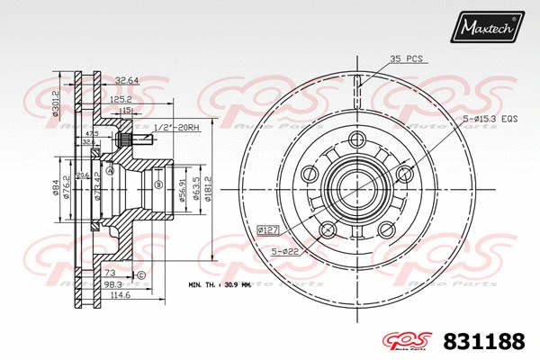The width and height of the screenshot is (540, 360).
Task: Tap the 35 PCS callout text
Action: point(408,58)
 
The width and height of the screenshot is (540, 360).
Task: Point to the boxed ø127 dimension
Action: point(268,229)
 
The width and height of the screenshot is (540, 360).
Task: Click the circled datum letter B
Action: point(158,185)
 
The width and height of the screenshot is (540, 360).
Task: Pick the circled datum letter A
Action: point(110,171)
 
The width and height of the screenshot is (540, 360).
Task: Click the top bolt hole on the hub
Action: point(358,139)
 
